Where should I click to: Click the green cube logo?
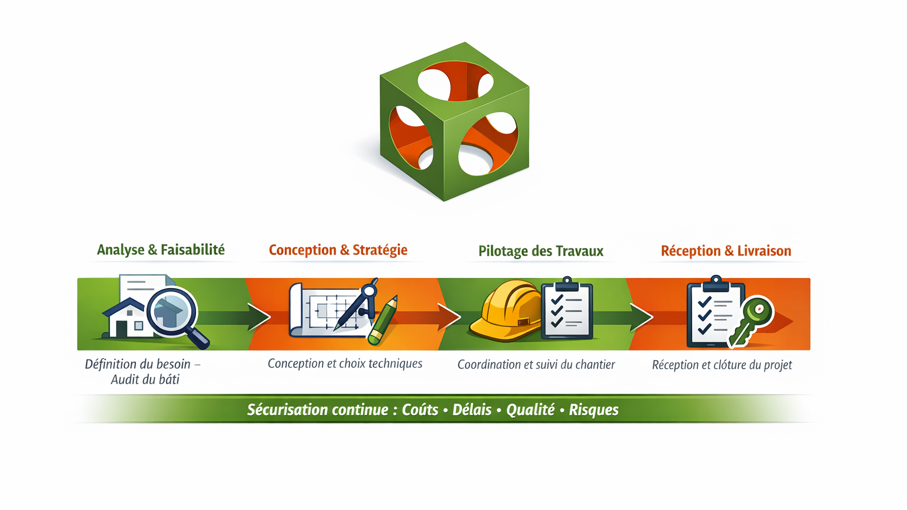[454, 121]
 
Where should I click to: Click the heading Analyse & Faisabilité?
[161, 250]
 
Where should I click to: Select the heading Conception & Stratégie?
[338, 250]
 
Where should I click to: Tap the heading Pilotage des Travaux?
[540, 251]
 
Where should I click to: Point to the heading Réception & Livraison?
[726, 251]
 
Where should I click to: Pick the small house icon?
[125, 319]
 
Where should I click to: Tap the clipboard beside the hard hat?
[567, 309]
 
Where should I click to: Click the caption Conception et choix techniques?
[345, 364]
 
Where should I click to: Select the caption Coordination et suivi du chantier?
[536, 365]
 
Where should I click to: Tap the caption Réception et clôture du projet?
[722, 365]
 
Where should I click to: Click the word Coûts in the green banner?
[420, 410]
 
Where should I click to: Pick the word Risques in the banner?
[593, 410]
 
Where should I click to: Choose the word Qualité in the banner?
[530, 410]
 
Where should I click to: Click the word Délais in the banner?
[472, 410]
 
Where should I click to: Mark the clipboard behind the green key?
[712, 313]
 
